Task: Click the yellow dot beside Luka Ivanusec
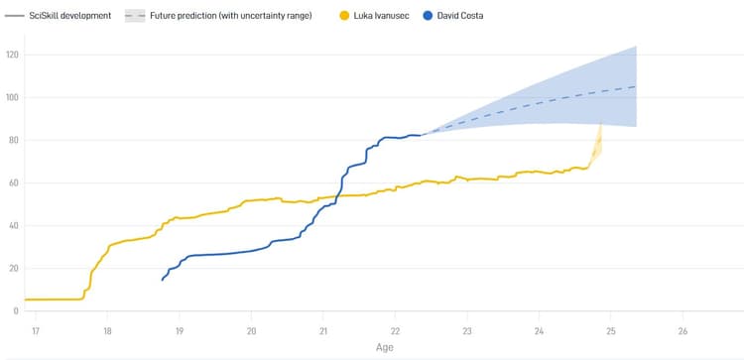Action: tap(345, 16)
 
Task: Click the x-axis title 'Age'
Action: tap(384, 348)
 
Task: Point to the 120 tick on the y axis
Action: tap(13, 55)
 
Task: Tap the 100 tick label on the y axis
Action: tap(13, 97)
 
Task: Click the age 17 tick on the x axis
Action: tap(36, 329)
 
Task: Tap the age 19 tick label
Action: tap(180, 329)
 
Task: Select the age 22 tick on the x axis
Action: tap(395, 329)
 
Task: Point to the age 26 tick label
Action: tap(682, 329)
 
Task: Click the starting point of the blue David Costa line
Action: tap(163, 280)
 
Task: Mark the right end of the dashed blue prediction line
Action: tap(635, 86)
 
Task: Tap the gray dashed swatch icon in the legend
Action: tap(136, 16)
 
